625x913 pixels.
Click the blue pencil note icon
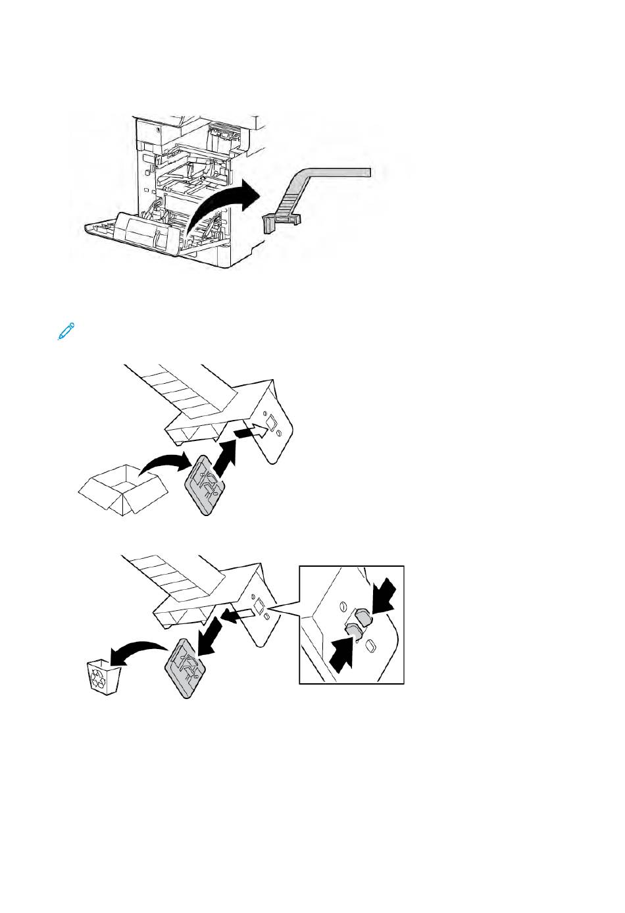pyautogui.click(x=66, y=331)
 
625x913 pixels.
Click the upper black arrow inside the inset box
pyautogui.click(x=384, y=595)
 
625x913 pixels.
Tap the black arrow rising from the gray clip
pyautogui.click(x=226, y=456)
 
